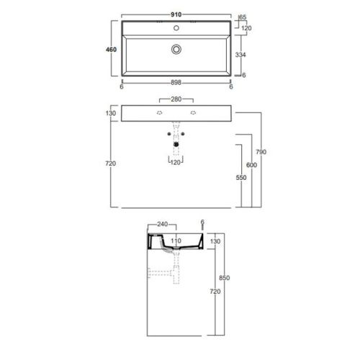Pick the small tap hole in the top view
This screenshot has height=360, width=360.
click(176, 29)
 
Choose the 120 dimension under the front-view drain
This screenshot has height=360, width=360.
click(176, 163)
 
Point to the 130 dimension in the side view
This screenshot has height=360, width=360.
click(215, 241)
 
